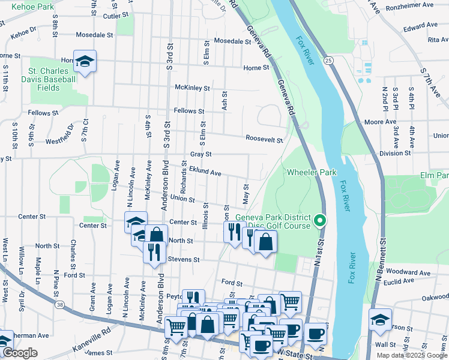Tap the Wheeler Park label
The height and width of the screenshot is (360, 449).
310,172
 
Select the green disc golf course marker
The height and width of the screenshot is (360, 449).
320,221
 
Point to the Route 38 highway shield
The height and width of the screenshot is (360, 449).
59,305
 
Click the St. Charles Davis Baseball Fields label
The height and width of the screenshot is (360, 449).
49,79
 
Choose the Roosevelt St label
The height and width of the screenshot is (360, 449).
264,140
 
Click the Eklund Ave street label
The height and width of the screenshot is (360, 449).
205,172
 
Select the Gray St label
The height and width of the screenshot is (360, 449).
200,154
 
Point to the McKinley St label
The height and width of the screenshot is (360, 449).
192,88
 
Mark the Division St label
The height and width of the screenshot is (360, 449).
395,153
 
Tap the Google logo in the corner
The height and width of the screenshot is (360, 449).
20,353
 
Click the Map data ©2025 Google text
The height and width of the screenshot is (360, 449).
412,355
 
